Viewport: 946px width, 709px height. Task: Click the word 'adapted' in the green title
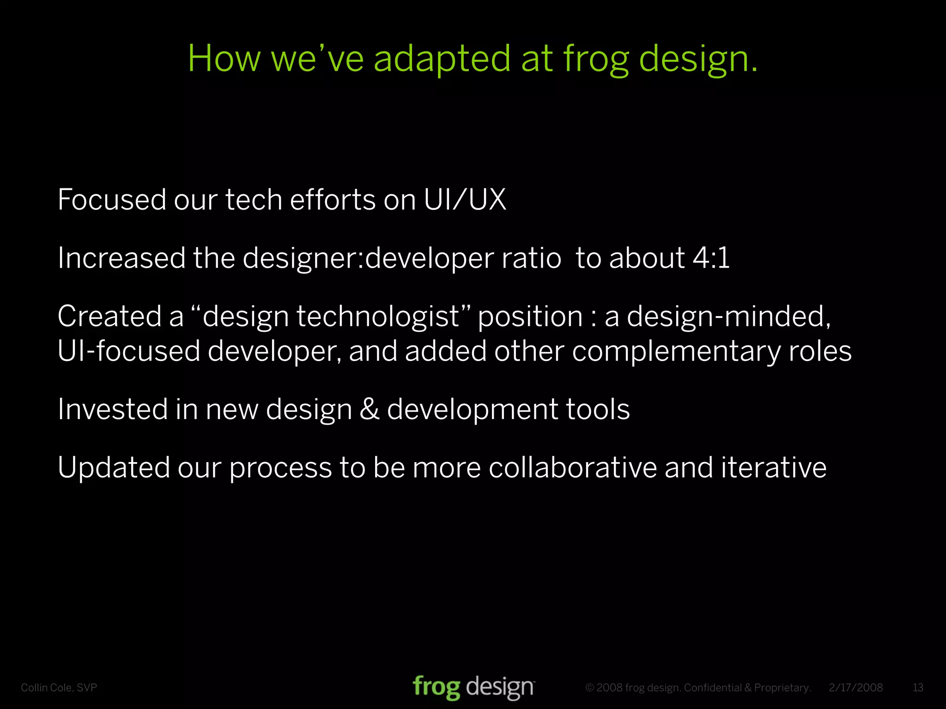442,59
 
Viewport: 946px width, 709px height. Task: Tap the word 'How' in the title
224,59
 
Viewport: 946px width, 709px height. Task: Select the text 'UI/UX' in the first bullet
465,200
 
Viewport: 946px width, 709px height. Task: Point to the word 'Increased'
121,258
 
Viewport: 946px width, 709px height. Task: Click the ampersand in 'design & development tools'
369,409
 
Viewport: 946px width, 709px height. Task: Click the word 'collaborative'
573,468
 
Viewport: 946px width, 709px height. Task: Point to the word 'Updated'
114,468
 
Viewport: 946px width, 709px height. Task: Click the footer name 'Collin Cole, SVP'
59,688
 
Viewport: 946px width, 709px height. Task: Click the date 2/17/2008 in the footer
855,688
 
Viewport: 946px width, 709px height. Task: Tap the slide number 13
918,688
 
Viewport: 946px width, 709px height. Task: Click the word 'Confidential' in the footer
712,688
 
